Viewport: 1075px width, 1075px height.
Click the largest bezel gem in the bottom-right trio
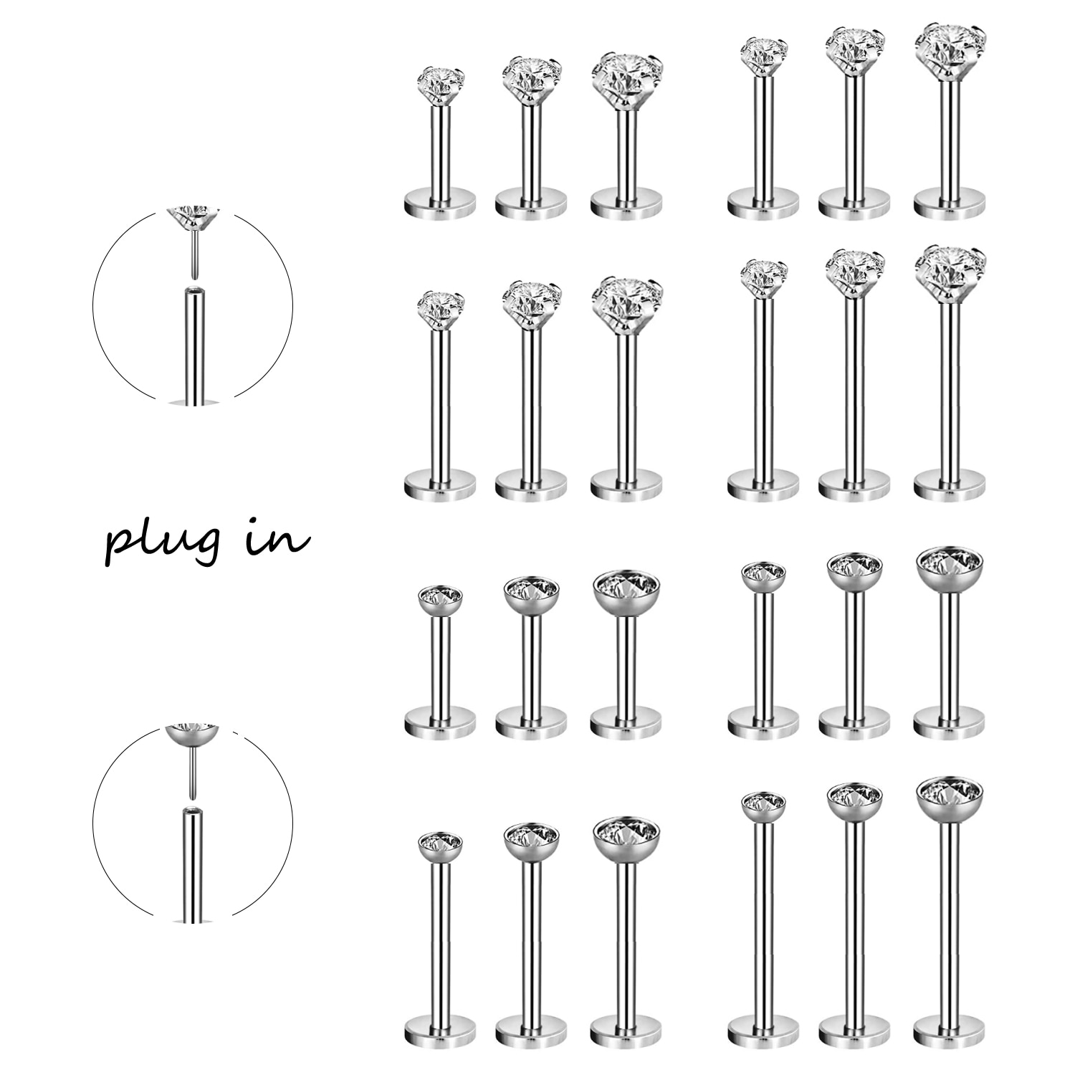pos(950,793)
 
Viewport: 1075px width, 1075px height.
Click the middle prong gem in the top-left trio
pos(530,77)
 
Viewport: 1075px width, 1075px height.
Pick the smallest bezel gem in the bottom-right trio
pos(763,807)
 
